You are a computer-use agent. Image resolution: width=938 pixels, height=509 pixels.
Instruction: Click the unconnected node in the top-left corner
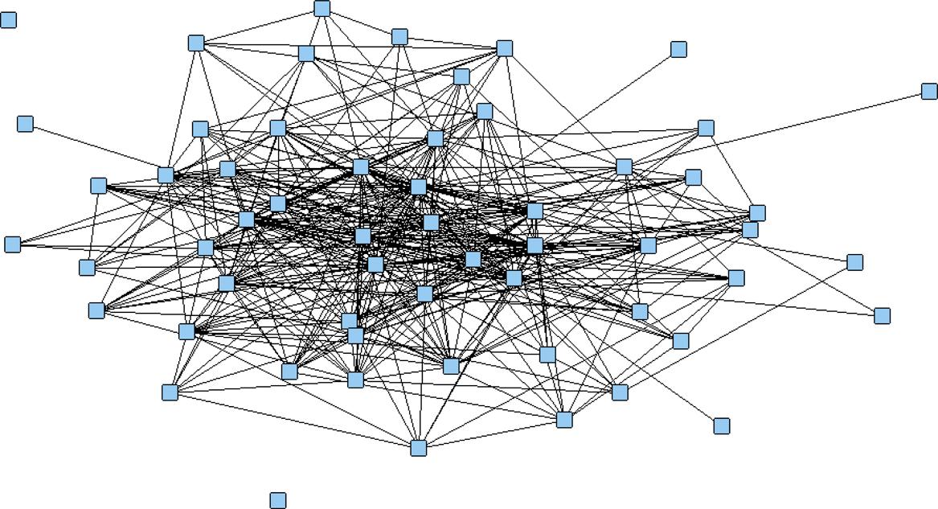8,19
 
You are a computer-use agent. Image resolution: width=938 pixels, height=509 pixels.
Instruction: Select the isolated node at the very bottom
277,500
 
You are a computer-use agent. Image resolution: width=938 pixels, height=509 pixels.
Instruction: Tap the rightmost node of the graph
929,91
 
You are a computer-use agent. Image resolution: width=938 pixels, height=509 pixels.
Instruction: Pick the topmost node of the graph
322,8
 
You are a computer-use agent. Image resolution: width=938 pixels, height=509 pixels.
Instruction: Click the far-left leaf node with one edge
25,123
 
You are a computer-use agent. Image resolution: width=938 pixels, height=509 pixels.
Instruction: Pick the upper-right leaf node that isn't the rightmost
678,49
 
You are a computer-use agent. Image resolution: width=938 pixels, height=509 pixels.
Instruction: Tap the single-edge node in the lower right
721,425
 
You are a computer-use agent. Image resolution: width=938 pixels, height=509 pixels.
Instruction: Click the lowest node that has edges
418,447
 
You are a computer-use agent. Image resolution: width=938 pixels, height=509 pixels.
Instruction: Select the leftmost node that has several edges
12,244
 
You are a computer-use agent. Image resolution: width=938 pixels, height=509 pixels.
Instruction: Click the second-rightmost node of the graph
882,315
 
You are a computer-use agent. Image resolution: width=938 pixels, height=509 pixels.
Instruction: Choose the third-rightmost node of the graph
854,262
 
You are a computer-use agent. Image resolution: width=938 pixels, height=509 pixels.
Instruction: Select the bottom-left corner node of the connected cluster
170,392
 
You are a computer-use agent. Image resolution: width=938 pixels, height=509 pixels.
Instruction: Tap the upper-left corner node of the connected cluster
196,43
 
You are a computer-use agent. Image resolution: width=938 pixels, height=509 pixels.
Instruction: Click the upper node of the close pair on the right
757,212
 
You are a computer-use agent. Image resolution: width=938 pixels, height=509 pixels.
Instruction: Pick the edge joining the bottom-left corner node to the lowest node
293,419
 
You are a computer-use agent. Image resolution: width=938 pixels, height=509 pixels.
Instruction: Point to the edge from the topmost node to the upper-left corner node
259,25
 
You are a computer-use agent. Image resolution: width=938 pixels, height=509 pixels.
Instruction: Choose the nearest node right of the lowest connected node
564,419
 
